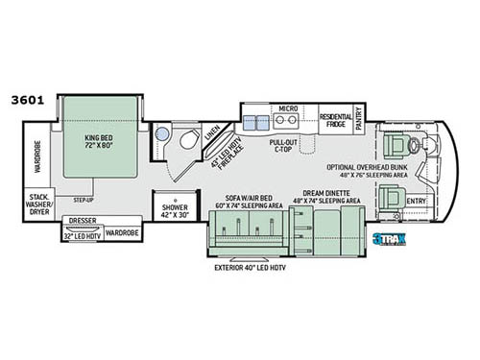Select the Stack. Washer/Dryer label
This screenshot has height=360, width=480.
coord(38,204)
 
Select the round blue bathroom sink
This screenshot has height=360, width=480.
coord(161,134)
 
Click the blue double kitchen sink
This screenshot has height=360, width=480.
coord(255,122)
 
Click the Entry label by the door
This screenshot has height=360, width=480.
coord(416,200)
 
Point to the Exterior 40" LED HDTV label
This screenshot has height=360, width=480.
coord(250,267)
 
